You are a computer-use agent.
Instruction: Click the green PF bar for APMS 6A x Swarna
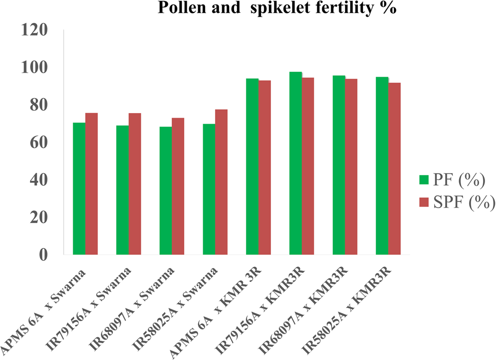point(79,189)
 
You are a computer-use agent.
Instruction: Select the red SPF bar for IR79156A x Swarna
point(134,184)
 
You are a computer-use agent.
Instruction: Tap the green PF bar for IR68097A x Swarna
point(165,191)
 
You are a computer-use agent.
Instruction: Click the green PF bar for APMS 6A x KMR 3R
point(252,167)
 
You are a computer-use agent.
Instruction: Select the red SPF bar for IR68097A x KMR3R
point(351,167)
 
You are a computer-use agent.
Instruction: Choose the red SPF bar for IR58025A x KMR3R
point(394,169)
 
